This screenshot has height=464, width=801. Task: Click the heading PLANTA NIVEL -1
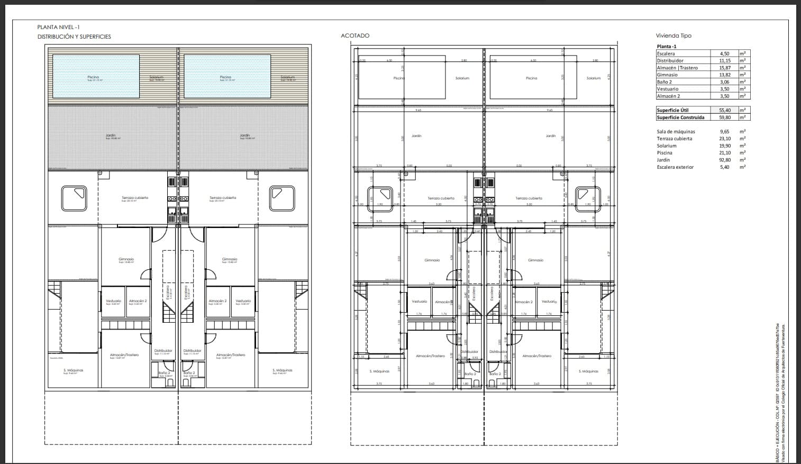tap(58, 27)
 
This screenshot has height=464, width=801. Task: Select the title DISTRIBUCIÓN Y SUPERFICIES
tap(74, 37)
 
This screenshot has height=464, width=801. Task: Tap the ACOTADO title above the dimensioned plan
tap(355, 35)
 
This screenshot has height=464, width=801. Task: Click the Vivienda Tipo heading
tap(673, 35)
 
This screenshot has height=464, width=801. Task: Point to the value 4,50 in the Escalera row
tap(724, 53)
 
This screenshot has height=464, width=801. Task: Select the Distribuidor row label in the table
tap(670, 60)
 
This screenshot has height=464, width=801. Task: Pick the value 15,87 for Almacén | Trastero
tap(724, 68)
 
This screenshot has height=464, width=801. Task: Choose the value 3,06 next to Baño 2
tap(724, 82)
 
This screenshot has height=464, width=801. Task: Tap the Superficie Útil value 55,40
tap(724, 110)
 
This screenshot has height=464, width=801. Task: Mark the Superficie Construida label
tap(680, 117)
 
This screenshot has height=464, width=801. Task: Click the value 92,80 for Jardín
tap(724, 160)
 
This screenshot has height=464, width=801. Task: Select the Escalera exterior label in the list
tap(675, 167)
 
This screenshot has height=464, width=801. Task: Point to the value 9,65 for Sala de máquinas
tap(724, 132)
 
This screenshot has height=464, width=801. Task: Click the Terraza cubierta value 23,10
tap(724, 139)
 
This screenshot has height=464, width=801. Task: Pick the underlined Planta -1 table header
tap(667, 47)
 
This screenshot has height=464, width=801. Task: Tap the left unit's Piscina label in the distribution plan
tap(93, 77)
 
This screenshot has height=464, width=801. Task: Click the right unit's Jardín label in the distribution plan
tap(244, 135)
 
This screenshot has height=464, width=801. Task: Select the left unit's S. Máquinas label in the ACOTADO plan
tap(379, 371)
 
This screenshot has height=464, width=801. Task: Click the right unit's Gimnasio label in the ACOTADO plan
tap(535, 260)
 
